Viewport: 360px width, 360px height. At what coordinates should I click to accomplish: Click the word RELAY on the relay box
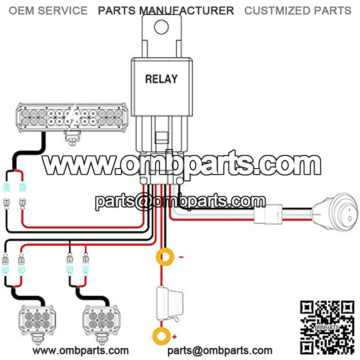coord(161,79)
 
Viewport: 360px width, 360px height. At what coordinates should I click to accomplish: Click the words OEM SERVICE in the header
coord(48,10)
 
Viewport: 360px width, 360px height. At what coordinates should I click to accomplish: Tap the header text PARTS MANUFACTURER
coord(166,10)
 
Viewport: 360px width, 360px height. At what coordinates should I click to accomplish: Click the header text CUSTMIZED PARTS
coord(297,10)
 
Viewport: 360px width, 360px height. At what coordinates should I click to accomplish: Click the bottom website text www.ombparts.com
coord(81,350)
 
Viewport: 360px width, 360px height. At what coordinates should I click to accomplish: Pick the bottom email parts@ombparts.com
coord(220,350)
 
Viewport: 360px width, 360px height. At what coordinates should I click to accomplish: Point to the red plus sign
coord(174,337)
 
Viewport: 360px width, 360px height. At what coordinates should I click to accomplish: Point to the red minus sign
coord(181,257)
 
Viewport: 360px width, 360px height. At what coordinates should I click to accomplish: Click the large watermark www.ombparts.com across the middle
coord(182,165)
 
